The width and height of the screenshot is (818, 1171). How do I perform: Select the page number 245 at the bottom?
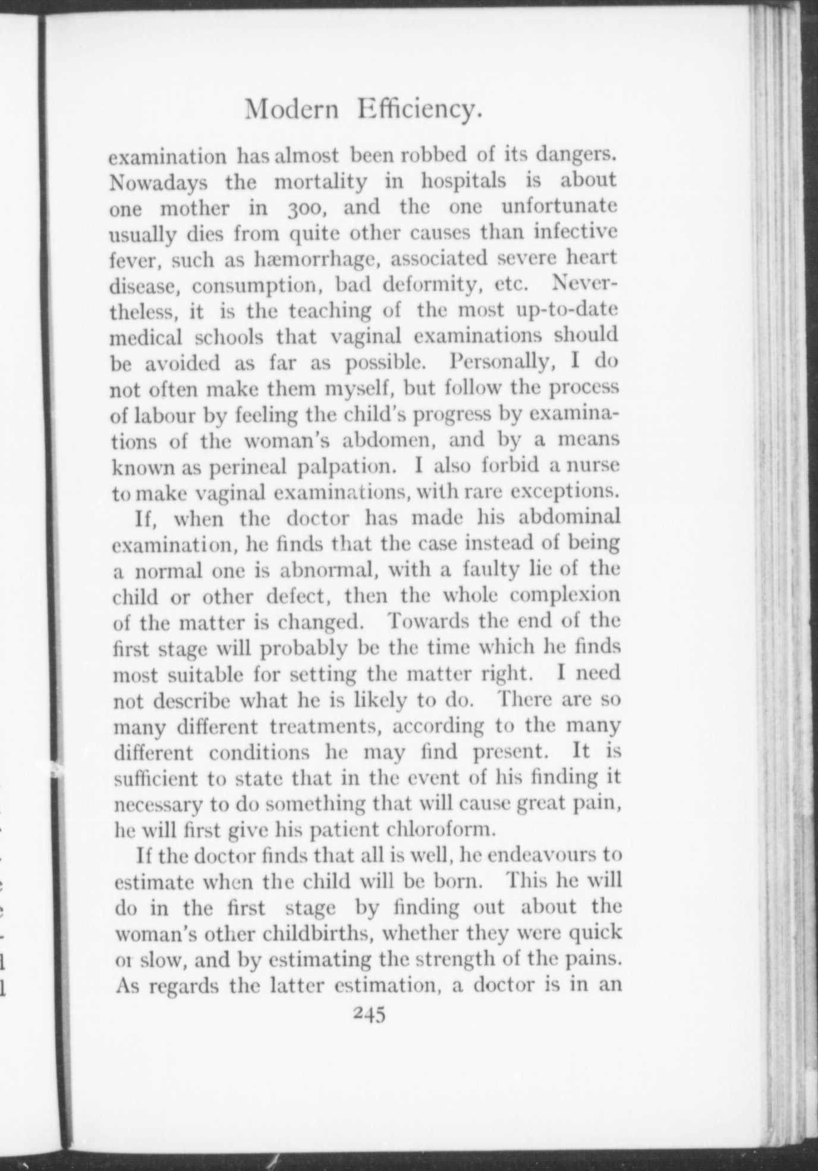369,1013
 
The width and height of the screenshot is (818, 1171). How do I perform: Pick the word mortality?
320,181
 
